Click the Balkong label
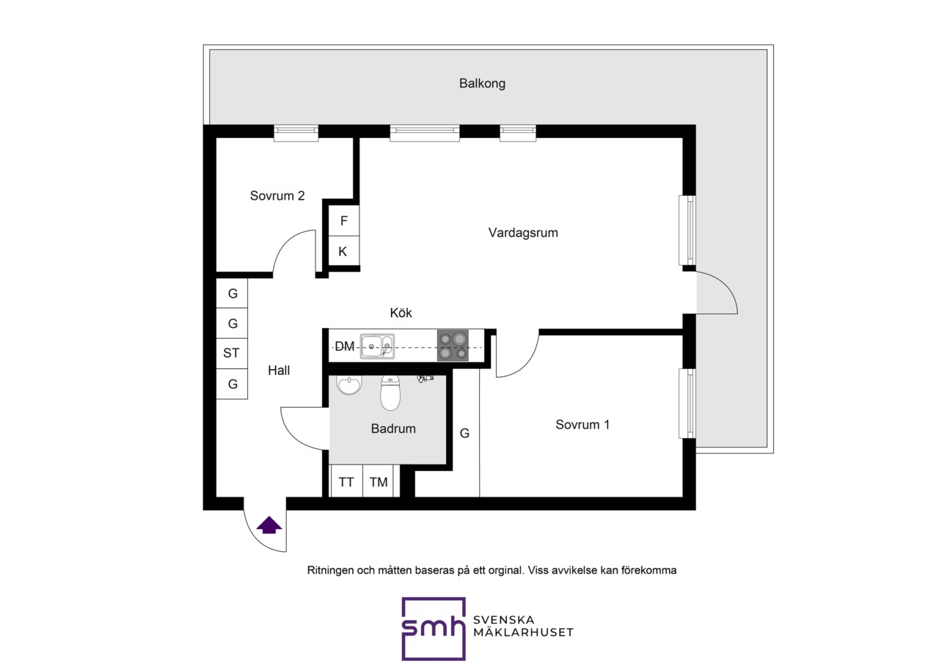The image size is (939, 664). coord(482,84)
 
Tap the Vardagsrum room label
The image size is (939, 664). coord(523,233)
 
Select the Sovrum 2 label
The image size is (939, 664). coord(277,196)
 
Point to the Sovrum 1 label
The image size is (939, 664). coord(582,425)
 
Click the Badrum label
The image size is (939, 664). coord(393,428)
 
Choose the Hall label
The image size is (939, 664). coord(279,370)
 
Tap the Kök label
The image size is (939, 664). coord(401,313)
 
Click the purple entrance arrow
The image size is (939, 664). coord(268,525)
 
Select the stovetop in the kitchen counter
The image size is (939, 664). coord(453,346)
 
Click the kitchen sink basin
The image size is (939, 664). coord(377,346)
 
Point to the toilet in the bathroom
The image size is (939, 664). coord(390,393)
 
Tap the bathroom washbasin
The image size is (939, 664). coord(348,385)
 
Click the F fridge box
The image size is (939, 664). coord(344,221)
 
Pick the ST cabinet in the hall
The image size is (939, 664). coord(232,354)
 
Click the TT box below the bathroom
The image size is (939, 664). coord(346,481)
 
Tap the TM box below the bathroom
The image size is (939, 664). coord(378,481)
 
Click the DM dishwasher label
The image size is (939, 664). coord(345,346)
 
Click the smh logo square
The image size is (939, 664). coord(434,628)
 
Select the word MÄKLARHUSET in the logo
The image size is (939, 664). coord(523,632)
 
